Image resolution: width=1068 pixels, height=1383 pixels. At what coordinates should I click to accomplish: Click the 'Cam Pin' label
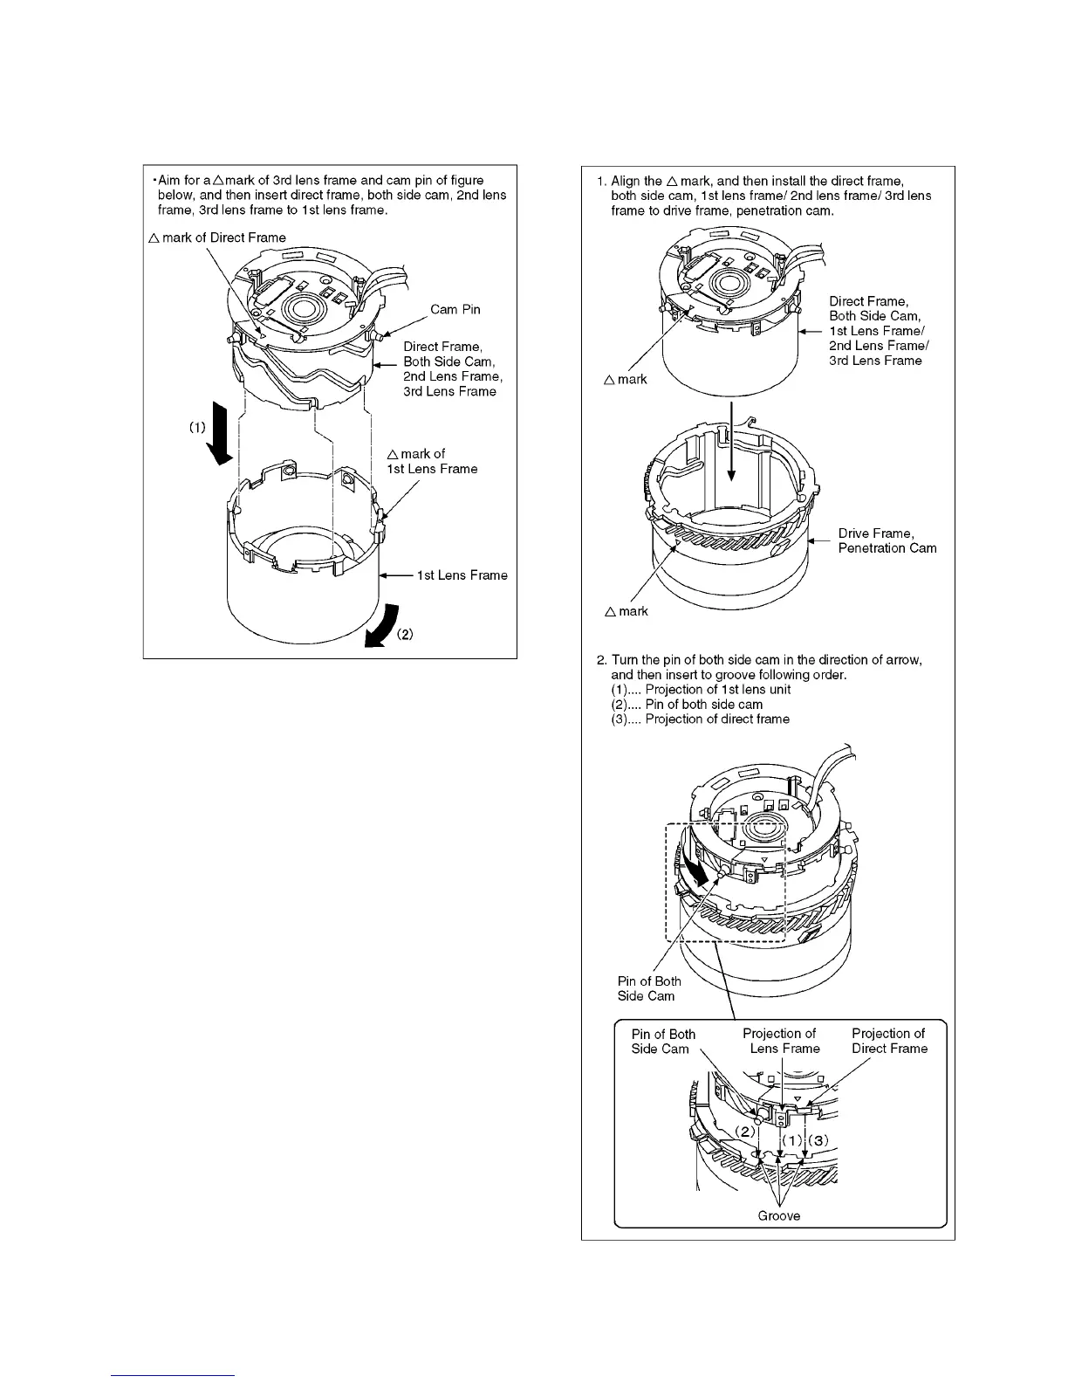(455, 310)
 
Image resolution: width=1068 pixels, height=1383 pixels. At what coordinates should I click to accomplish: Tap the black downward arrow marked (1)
(221, 442)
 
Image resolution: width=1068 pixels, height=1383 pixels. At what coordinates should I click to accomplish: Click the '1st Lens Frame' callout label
(462, 575)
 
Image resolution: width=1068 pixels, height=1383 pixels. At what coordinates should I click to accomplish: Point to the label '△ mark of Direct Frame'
(217, 237)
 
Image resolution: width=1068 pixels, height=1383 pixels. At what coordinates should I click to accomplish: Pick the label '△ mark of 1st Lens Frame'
(432, 461)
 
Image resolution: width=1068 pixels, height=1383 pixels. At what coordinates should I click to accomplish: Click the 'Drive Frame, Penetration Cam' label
(887, 540)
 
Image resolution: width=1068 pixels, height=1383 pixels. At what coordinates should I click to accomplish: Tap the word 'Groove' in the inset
(778, 1215)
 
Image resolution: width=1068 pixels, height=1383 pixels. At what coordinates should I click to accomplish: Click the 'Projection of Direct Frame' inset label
(889, 1041)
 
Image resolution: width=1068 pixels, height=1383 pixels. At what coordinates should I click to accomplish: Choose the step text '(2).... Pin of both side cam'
(686, 705)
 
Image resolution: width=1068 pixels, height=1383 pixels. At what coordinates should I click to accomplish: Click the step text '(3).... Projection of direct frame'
(700, 719)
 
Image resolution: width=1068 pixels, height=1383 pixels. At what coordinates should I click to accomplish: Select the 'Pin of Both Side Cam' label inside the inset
(663, 1042)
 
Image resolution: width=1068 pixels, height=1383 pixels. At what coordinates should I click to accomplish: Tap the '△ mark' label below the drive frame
(626, 611)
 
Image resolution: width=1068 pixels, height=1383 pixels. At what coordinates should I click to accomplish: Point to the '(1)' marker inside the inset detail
(791, 1140)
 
